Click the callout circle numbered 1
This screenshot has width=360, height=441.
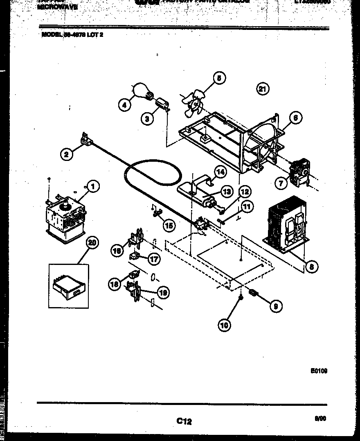coord(93,187)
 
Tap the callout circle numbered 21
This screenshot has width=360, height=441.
coord(263,89)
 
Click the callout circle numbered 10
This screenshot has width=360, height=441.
coord(224,325)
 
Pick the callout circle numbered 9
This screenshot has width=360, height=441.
coord(276,306)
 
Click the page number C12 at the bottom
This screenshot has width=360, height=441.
coord(184,421)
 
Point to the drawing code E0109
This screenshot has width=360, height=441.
coord(319,371)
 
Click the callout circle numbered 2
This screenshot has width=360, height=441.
coord(67,154)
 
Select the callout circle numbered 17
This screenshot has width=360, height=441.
coord(154,259)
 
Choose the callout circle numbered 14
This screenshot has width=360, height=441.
coord(220,172)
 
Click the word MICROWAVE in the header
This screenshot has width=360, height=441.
coord(57,7)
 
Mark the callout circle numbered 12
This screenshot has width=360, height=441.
coord(245,192)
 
